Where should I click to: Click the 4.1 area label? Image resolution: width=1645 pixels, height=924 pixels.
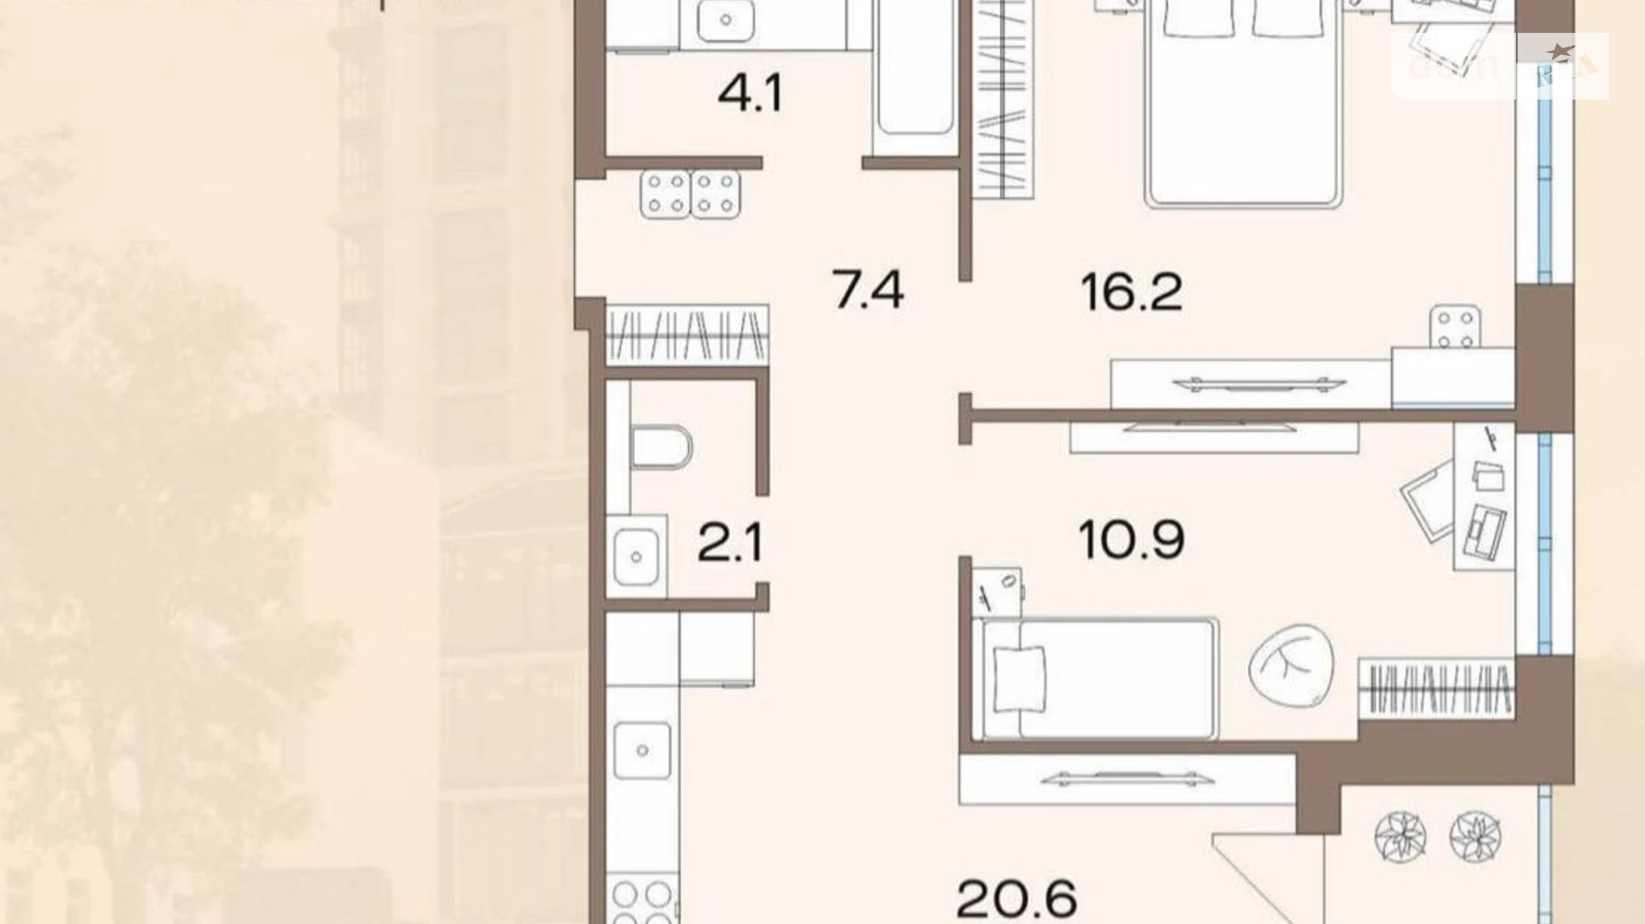(750, 93)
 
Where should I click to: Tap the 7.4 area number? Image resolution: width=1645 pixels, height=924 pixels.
(868, 291)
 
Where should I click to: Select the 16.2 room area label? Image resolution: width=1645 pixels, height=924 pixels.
(1132, 292)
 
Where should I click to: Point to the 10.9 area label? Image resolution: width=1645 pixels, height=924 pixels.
(1131, 539)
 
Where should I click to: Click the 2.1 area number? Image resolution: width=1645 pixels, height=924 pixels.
(730, 543)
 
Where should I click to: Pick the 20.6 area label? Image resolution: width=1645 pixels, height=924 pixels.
(1017, 898)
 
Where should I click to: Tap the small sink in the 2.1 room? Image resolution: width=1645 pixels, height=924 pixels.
(636, 556)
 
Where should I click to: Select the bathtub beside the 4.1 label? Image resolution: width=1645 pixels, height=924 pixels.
(915, 76)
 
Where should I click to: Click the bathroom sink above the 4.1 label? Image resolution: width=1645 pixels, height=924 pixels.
(726, 21)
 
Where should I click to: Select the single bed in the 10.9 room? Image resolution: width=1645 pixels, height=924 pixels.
(1098, 679)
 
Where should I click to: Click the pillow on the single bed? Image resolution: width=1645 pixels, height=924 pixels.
(1019, 679)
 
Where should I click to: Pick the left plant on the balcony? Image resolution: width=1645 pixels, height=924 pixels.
(1400, 836)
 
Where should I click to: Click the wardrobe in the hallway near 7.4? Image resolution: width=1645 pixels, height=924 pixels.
(686, 334)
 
